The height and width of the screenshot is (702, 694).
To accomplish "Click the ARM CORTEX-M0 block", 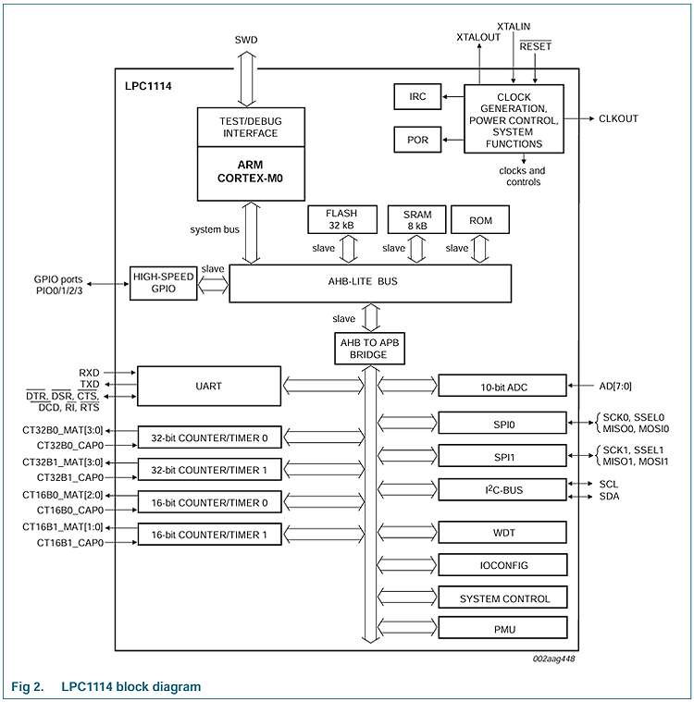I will tap(251, 173).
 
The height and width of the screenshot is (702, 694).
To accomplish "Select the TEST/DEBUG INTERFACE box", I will tap(251, 127).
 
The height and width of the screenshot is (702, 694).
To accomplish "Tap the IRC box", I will tap(417, 96).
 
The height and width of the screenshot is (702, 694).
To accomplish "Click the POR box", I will tap(417, 141).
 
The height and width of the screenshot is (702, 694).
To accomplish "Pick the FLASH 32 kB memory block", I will tap(341, 219).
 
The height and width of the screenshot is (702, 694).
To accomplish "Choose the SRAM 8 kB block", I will tap(416, 219).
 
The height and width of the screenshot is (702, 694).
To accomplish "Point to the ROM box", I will tap(481, 220).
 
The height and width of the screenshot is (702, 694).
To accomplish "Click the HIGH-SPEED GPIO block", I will tap(164, 283).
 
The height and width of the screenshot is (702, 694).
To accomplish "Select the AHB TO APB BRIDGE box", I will tap(369, 349).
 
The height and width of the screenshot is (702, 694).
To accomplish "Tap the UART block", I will tap(208, 386).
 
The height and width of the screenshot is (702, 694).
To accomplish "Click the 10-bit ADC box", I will tap(502, 386).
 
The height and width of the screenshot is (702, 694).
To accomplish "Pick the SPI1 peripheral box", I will tap(502, 456).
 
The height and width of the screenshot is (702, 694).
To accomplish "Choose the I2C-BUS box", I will tap(502, 489).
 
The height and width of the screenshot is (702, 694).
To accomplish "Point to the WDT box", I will tap(502, 532).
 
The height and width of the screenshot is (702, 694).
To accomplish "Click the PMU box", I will tap(502, 629).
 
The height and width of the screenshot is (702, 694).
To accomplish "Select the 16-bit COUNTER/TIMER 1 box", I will tap(208, 534).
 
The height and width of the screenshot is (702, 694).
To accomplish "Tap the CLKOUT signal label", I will tap(618, 118).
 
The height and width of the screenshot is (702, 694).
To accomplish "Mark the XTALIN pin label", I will tap(514, 27).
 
